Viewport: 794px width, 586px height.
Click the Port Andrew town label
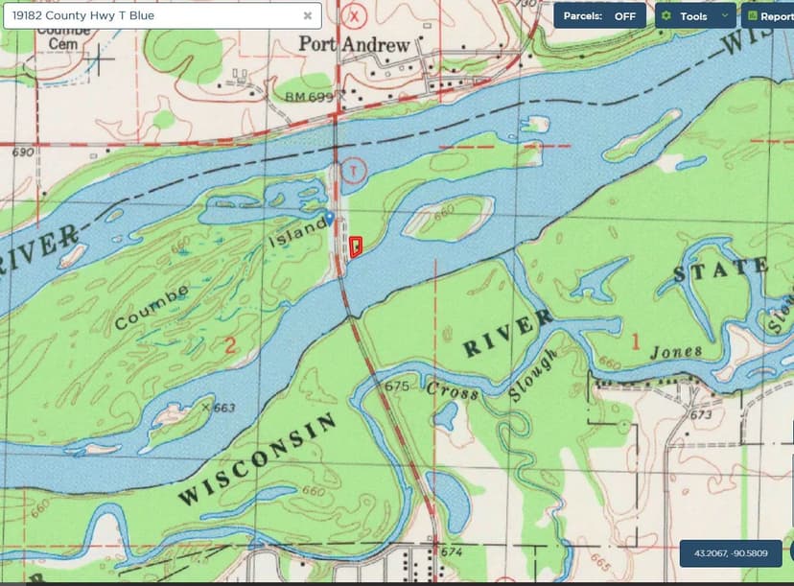coord(354,44)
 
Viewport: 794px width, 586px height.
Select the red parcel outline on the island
coord(356,246)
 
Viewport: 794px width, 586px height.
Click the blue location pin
coord(330,218)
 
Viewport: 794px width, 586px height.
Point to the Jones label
coord(676,352)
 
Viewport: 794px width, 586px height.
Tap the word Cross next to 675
coord(446,390)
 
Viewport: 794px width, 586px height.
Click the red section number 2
coord(228,345)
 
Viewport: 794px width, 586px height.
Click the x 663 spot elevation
coord(219,408)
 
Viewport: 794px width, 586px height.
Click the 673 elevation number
coord(701,415)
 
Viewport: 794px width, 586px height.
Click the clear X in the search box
coord(308,15)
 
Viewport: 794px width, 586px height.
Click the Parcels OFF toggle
coord(599,15)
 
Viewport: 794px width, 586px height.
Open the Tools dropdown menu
coord(695,15)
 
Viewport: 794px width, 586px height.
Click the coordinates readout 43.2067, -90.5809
coord(731,553)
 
